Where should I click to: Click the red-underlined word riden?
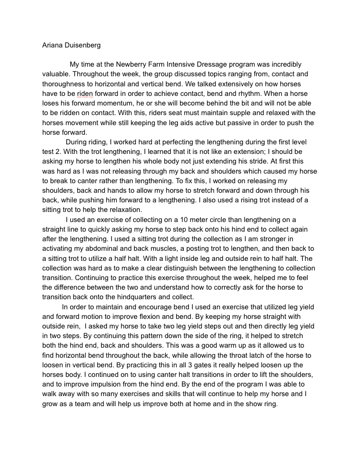pos(85,94)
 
